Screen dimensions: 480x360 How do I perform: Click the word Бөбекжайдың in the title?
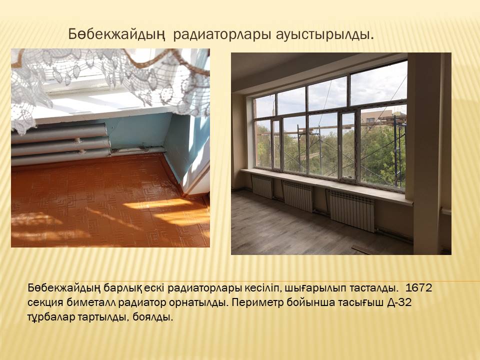click(x=116, y=34)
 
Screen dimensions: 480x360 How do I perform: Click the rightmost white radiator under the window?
click(x=352, y=210)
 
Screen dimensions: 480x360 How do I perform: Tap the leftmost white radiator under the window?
click(x=262, y=186)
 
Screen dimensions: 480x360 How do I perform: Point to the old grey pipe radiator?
click(x=60, y=144)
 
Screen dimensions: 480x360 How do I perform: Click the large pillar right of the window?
click(x=424, y=153)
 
